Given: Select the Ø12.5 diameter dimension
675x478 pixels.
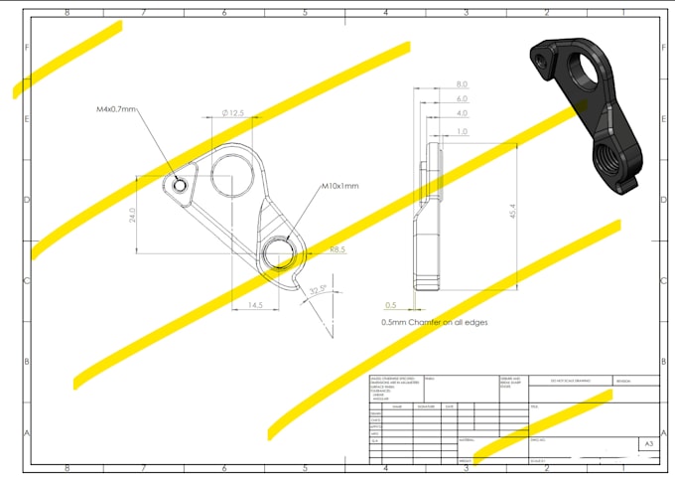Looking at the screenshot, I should pyautogui.click(x=234, y=114).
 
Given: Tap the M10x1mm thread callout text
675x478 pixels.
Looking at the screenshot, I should pyautogui.click(x=339, y=186).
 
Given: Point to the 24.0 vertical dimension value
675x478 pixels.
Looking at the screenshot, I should pyautogui.click(x=132, y=214).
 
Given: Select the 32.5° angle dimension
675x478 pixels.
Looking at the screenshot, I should pyautogui.click(x=318, y=290).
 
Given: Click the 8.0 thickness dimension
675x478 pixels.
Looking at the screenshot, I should pyautogui.click(x=462, y=84).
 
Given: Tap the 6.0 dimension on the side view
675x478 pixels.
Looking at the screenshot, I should pyautogui.click(x=462, y=99).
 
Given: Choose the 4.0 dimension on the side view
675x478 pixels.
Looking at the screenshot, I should pyautogui.click(x=462, y=113).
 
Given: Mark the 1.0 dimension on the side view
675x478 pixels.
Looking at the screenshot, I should pyautogui.click(x=462, y=131).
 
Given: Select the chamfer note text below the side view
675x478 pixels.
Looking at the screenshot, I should pyautogui.click(x=434, y=323).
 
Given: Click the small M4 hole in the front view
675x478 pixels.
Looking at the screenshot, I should pyautogui.click(x=178, y=185).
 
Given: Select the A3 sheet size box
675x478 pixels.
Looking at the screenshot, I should pyautogui.click(x=648, y=444).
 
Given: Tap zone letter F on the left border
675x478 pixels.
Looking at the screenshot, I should pyautogui.click(x=26, y=48).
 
